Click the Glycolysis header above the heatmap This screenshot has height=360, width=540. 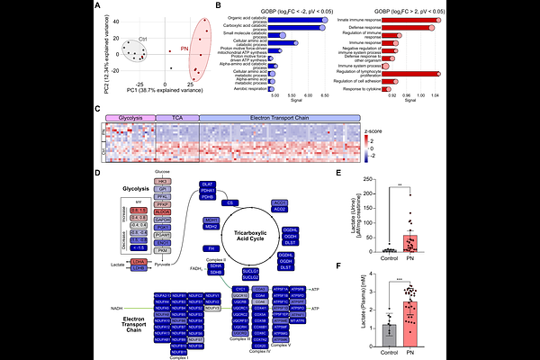tap(131, 118)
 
